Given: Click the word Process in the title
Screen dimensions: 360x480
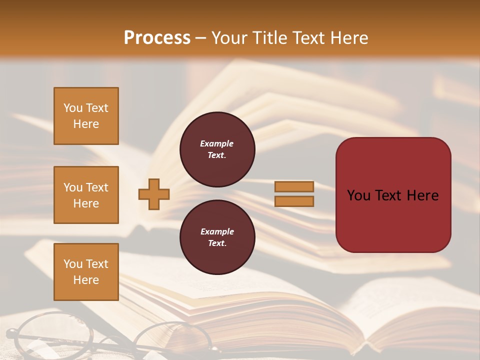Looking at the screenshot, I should (157, 38).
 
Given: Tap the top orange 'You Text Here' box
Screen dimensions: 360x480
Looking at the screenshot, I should (86, 116).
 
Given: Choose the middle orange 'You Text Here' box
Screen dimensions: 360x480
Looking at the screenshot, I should (86, 195).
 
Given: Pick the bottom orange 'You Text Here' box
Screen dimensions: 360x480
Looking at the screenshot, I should (86, 272).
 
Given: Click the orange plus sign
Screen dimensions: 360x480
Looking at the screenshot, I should (154, 194).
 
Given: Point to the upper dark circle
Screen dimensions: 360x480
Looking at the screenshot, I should (217, 149).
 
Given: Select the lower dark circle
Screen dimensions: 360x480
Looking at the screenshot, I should (217, 237).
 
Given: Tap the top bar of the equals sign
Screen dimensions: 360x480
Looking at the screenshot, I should (294, 187).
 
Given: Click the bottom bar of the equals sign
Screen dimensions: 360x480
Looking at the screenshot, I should (294, 201).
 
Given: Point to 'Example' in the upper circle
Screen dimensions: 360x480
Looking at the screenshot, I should (217, 143).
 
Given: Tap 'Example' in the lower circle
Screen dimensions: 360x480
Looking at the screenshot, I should (217, 231).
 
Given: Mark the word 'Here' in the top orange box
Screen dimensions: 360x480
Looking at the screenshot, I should (86, 124).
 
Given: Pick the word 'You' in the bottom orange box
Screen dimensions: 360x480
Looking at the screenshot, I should (72, 264).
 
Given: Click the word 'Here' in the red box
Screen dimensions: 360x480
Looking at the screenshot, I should (423, 195).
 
